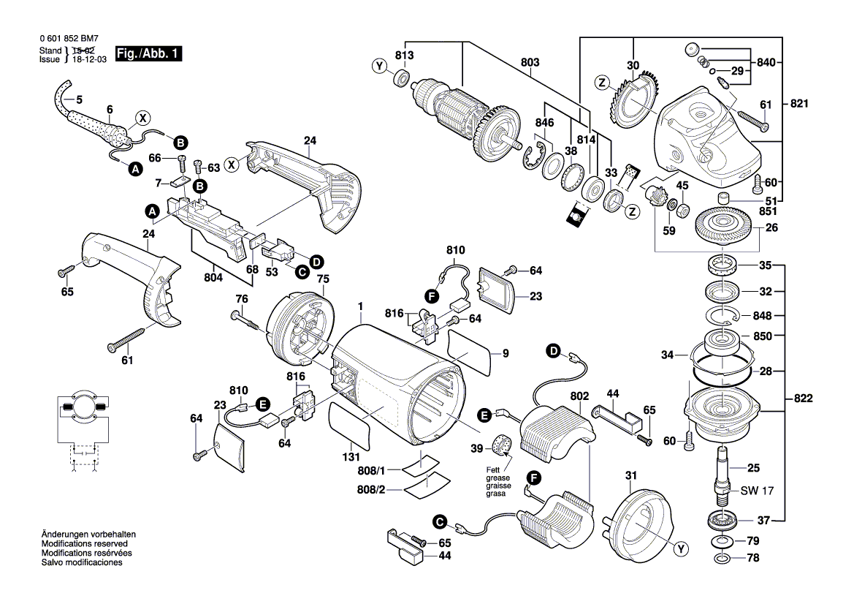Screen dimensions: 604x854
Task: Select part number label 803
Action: [x=530, y=63]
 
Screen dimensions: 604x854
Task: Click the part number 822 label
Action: [x=801, y=399]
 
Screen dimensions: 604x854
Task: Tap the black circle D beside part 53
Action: [x=316, y=261]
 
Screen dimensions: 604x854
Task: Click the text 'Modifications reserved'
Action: [x=85, y=545]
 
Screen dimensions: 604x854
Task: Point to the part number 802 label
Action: [x=580, y=396]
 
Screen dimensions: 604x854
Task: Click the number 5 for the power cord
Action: [x=80, y=99]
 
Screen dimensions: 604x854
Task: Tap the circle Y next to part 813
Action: [x=378, y=67]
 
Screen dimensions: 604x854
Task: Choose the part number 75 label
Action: [x=322, y=279]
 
